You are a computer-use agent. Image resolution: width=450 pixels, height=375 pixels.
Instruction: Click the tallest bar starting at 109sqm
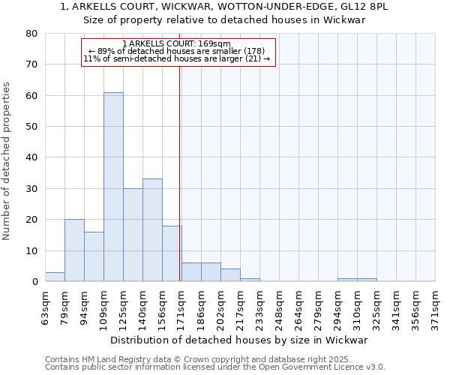(x=113, y=187)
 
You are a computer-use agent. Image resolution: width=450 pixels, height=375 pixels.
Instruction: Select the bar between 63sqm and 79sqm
(x=55, y=277)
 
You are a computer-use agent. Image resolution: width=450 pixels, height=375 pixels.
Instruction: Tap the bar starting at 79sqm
(x=74, y=250)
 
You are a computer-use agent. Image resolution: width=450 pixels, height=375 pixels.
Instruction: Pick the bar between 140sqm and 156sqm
(x=152, y=230)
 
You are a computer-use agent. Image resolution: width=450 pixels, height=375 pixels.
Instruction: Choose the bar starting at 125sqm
(x=133, y=235)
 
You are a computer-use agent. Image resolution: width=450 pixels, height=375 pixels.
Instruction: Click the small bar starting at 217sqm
(x=250, y=280)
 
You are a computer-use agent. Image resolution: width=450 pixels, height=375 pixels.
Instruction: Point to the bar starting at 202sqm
(x=230, y=275)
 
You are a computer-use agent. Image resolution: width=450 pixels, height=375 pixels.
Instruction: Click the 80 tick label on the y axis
(x=32, y=34)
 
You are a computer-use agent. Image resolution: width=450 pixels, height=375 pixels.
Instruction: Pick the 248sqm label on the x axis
(x=279, y=305)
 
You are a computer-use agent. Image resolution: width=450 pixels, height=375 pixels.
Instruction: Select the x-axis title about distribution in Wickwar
(x=238, y=340)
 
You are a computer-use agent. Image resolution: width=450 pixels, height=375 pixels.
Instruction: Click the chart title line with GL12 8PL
(x=223, y=7)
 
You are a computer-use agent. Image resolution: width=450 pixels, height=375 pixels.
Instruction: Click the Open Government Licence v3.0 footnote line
(x=215, y=367)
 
